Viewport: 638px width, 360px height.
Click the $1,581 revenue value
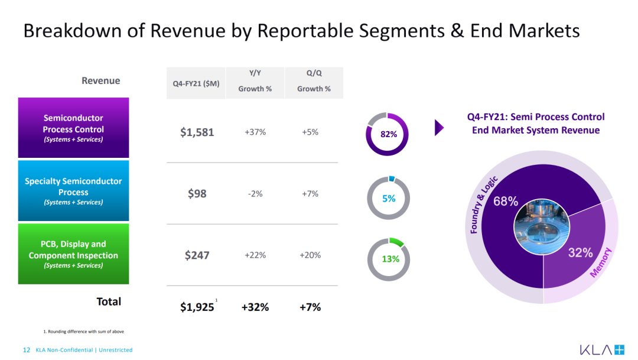(x=197, y=132)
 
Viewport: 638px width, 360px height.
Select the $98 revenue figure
(x=197, y=193)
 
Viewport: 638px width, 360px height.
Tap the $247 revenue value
(x=197, y=255)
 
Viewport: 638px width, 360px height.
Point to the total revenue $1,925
(x=197, y=307)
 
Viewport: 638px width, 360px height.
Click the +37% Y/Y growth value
(x=255, y=132)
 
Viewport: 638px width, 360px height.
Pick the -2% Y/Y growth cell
(x=255, y=194)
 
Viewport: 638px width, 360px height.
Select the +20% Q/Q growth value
(x=310, y=255)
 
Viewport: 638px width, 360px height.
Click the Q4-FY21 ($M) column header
(x=196, y=83)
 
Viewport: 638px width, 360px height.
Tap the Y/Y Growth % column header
(x=255, y=80)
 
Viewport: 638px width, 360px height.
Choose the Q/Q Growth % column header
(x=314, y=80)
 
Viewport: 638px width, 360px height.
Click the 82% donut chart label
(x=389, y=134)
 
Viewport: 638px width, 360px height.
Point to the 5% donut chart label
(x=389, y=199)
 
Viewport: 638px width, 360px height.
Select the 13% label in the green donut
(x=390, y=259)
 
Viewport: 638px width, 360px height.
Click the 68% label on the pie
(x=505, y=201)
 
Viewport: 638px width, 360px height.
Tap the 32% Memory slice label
(x=580, y=252)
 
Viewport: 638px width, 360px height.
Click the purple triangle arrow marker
(x=439, y=128)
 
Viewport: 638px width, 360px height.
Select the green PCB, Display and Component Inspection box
(x=74, y=254)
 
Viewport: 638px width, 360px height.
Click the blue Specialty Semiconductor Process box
(x=74, y=190)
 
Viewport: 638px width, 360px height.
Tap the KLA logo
(x=602, y=350)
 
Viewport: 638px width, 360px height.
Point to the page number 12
(x=27, y=350)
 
